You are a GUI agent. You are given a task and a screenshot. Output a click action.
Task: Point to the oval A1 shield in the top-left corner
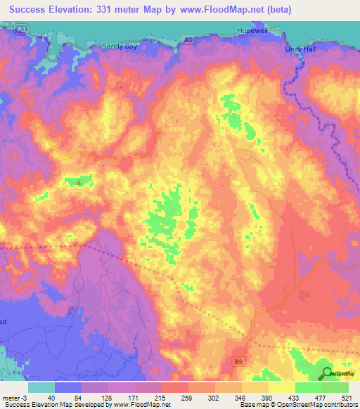click(x=22, y=29)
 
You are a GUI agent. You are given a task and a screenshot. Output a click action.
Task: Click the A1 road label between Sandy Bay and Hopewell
click(x=188, y=41)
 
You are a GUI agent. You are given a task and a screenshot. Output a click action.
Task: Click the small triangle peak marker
click(x=79, y=183)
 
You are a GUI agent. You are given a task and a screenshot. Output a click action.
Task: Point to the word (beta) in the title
click(x=276, y=10)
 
